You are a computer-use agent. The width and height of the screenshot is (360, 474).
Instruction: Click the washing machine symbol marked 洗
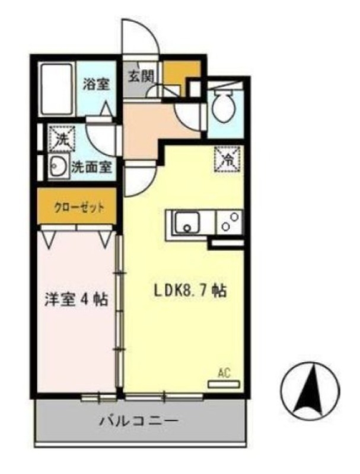pyautogui.click(x=61, y=140)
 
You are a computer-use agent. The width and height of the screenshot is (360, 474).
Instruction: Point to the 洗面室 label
pyautogui.click(x=91, y=167)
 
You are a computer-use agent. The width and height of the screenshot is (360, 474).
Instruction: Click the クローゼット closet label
pyautogui.click(x=79, y=207)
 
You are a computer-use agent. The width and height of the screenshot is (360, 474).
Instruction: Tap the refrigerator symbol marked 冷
pyautogui.click(x=228, y=158)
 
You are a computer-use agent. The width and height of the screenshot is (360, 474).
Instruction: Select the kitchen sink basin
pyautogui.click(x=187, y=223)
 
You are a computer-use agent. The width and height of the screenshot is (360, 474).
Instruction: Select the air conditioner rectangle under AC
pyautogui.click(x=224, y=384)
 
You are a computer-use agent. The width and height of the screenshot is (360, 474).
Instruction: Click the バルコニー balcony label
pyautogui.click(x=139, y=422)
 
